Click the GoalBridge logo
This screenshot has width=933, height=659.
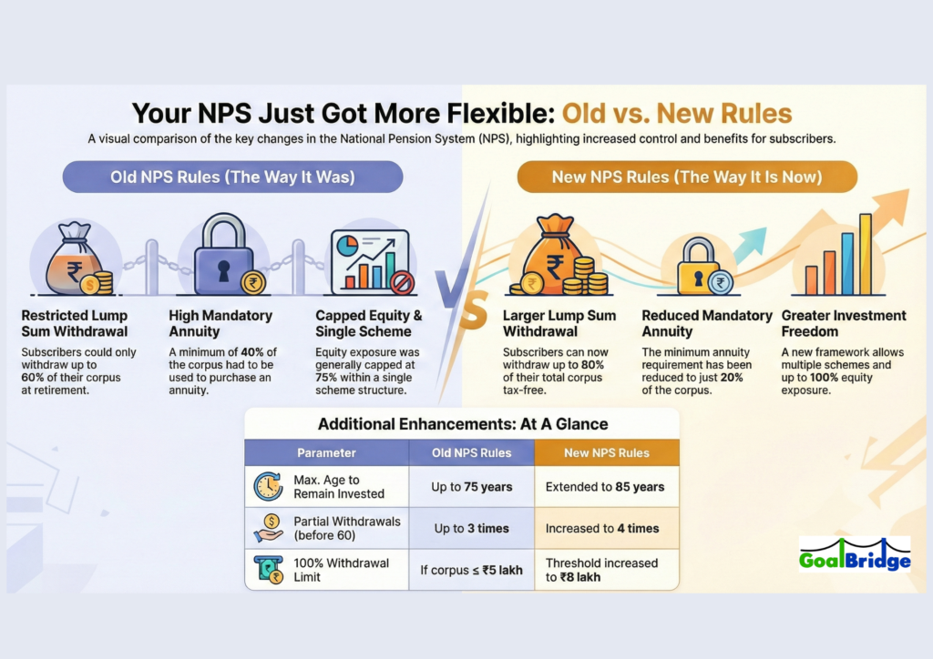point(855,554)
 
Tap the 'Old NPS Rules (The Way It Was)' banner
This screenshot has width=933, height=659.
point(232,177)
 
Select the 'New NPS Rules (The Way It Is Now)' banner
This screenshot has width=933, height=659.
point(687,177)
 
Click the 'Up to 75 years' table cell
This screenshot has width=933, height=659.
point(472,487)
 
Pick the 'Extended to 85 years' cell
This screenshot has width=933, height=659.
point(606,487)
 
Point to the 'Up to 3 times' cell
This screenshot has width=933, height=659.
point(472,528)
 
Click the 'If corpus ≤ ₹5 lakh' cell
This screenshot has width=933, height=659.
point(472,570)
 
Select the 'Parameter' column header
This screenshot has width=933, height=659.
point(327,452)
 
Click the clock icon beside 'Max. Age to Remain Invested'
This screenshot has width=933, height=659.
point(269,487)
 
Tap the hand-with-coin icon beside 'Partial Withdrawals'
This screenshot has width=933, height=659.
point(269,528)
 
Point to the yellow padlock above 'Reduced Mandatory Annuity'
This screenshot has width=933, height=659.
point(699,266)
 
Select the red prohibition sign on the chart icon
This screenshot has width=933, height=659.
point(402,282)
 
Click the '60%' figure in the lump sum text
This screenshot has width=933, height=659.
point(33,378)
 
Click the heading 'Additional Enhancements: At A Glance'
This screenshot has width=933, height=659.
point(462,423)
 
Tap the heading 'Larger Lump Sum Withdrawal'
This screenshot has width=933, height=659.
point(559,323)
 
